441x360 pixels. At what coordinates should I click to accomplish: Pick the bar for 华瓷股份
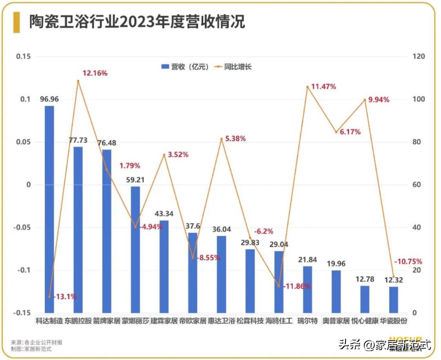(394, 300)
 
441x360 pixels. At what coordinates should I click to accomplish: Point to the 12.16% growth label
(95, 73)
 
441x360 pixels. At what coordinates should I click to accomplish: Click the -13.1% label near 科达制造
(65, 297)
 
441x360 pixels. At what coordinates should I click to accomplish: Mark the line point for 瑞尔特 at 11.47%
(307, 87)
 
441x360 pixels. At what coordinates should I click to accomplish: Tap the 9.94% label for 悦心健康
(379, 100)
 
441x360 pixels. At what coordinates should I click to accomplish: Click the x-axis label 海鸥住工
(279, 321)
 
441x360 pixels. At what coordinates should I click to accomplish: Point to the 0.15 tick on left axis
(23, 57)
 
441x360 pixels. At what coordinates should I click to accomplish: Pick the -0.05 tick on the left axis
(22, 228)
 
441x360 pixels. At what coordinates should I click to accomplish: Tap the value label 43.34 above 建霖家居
(164, 213)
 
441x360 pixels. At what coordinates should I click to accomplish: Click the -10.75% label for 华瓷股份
(408, 262)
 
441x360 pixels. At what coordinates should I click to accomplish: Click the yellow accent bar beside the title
(16, 22)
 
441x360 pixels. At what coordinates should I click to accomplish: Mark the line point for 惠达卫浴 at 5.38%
(222, 139)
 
